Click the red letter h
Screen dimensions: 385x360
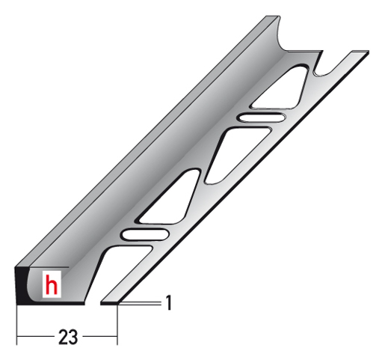(52, 284)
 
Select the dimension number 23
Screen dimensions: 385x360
(68, 337)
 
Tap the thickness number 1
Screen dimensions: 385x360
(169, 303)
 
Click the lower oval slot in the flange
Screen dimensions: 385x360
(145, 235)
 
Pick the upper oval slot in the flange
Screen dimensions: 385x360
(262, 118)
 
